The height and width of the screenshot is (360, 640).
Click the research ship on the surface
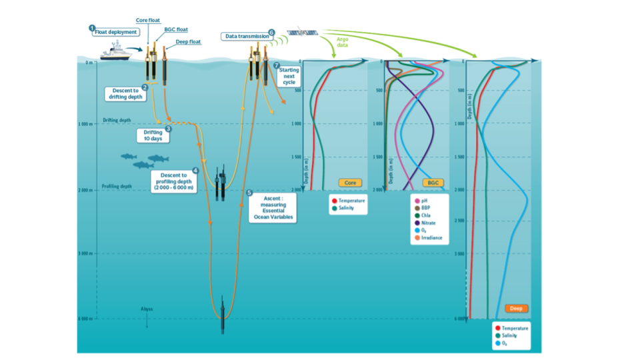coord(115,51)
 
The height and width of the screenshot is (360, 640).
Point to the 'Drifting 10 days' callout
coord(153,136)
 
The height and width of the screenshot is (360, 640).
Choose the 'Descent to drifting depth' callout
coord(126,93)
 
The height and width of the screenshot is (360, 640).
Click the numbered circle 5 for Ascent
coord(249,193)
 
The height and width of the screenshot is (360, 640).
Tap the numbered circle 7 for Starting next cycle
coord(276,65)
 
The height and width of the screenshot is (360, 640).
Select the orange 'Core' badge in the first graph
coord(350,183)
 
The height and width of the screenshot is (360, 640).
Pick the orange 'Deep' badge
coord(516,308)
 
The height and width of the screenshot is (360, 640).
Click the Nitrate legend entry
coord(427,223)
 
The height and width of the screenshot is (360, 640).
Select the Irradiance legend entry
coord(431,238)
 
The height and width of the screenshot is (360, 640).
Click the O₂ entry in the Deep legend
coord(505,343)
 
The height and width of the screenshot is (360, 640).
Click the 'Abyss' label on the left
coord(147,309)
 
